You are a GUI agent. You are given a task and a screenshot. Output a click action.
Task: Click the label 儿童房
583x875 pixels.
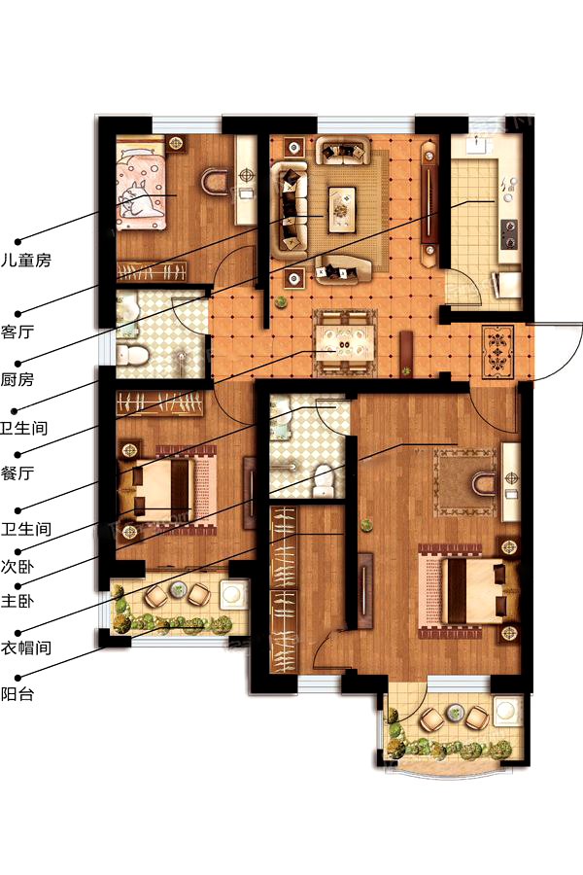pos(25,260)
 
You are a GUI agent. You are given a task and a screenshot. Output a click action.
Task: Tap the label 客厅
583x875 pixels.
pos(17,332)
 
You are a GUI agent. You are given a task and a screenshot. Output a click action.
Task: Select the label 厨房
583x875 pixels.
pos(17,379)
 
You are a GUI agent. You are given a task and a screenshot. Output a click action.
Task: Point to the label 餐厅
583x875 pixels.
pos(17,473)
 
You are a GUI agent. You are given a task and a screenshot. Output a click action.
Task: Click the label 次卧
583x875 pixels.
pos(17,567)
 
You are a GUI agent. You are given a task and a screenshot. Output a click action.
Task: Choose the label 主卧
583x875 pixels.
pos(17,601)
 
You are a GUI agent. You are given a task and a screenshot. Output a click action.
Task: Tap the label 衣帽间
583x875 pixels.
pos(25,647)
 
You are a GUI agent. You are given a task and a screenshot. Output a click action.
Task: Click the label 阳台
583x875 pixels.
pos(17,694)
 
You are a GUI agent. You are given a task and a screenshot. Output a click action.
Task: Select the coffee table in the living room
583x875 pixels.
pos(342,209)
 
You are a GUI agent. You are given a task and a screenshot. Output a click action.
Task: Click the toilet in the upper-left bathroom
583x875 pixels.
pos(132,355)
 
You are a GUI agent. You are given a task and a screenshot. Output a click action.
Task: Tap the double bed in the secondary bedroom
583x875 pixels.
pos(167,491)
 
